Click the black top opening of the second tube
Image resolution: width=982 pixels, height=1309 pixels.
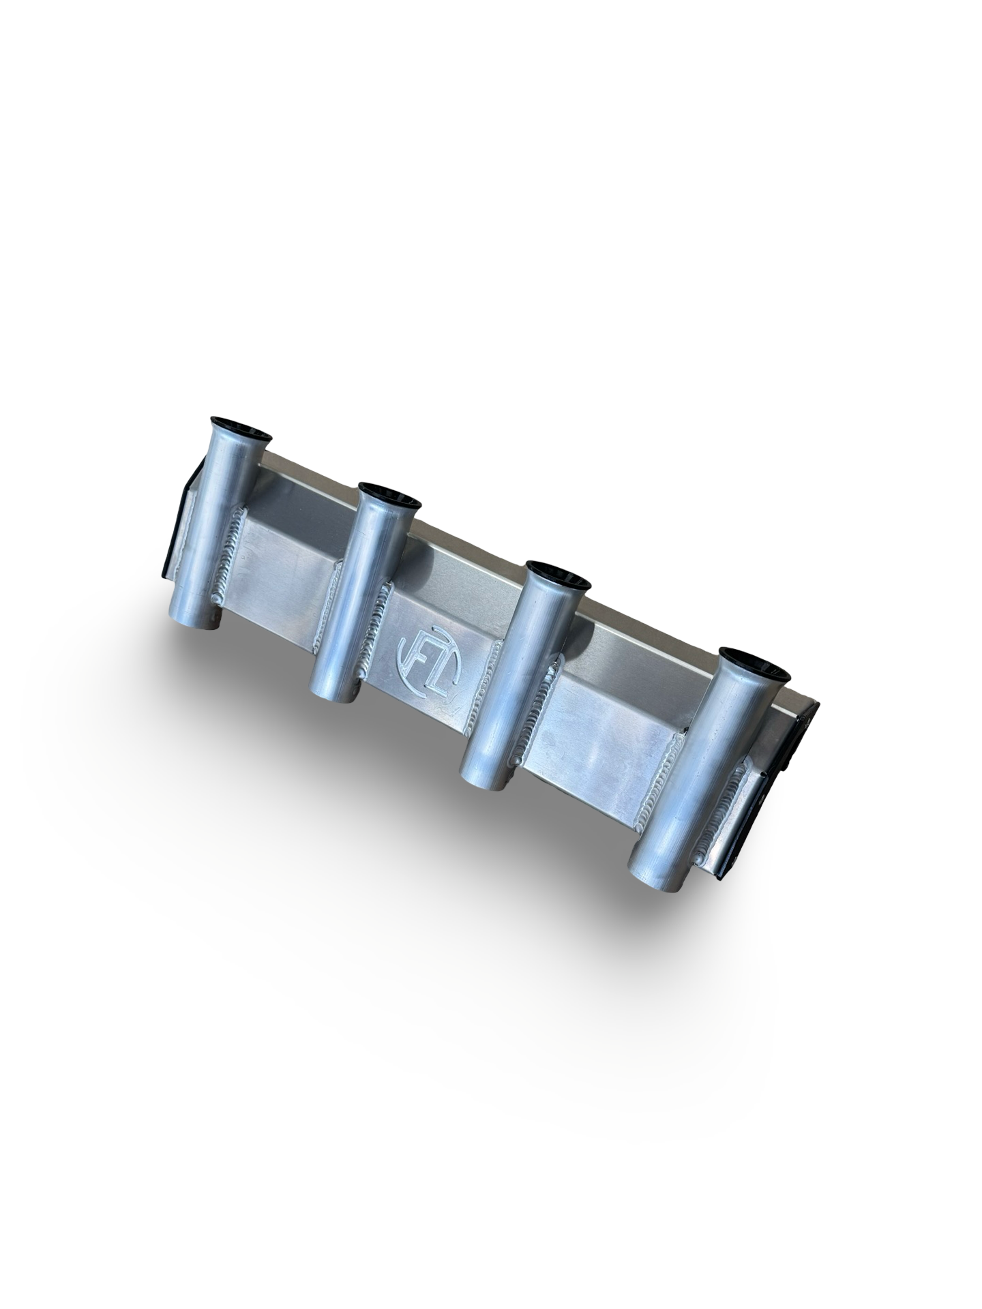[x=390, y=496]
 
